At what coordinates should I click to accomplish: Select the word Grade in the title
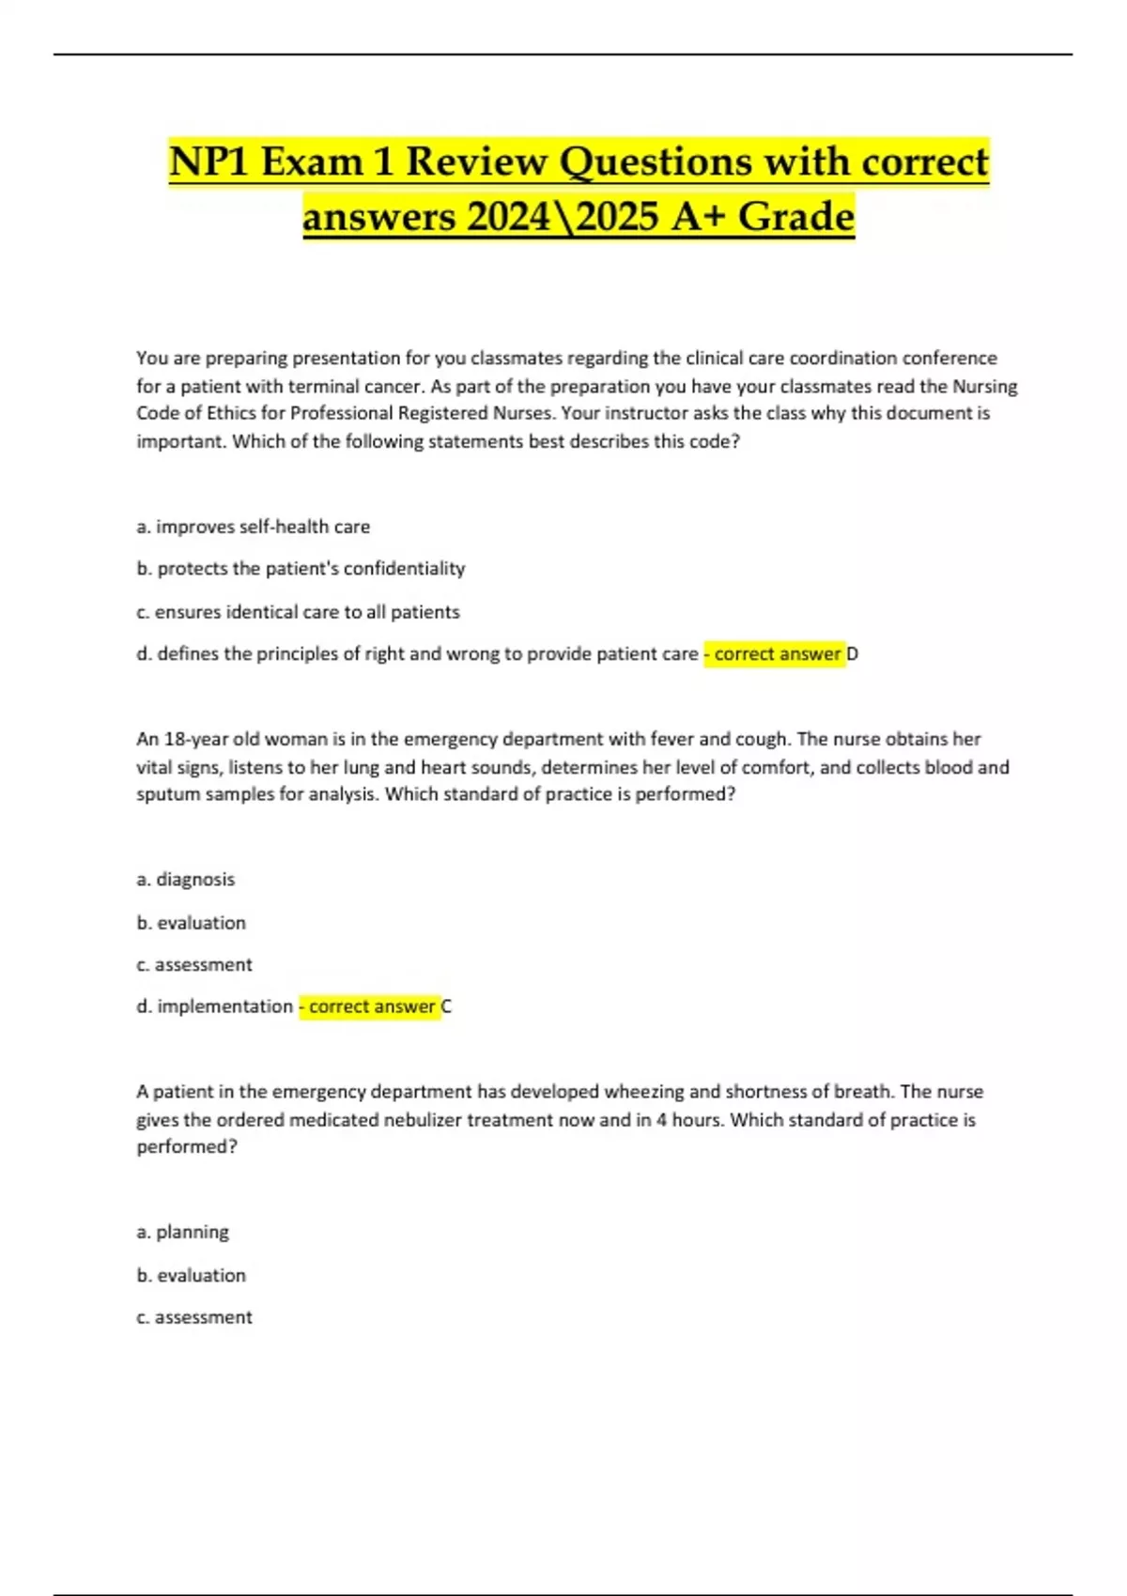[795, 217]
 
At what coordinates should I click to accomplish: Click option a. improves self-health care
[254, 527]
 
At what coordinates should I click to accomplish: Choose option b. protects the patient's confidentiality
[301, 568]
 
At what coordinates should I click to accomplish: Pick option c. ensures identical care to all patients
[298, 612]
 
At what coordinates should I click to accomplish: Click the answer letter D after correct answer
[853, 654]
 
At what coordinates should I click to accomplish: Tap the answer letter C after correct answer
[446, 1006]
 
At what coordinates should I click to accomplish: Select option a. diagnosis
[186, 880]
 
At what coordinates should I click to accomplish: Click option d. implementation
[215, 1006]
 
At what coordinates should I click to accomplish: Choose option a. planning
[183, 1232]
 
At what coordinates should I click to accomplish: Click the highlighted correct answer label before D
[774, 654]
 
